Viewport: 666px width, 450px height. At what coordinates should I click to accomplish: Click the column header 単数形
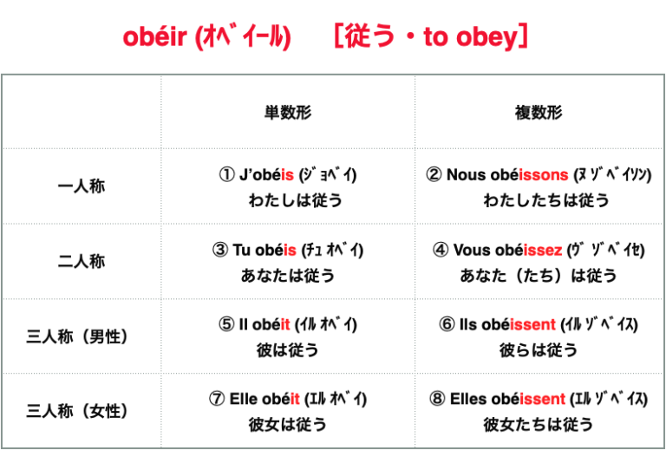tap(288, 113)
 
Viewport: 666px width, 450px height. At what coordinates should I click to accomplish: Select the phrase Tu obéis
tap(264, 250)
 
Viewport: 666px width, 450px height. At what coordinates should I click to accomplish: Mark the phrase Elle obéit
tap(264, 400)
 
